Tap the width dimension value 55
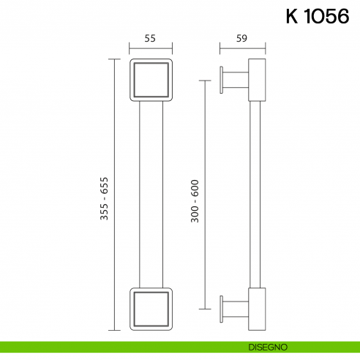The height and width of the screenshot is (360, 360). tap(150, 40)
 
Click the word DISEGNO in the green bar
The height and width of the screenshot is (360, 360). tap(272, 345)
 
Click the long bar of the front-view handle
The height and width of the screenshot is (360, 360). tap(150, 195)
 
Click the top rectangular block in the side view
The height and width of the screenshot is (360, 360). tap(258, 80)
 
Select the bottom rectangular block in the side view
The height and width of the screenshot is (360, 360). tap(258, 309)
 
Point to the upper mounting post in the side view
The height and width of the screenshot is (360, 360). tap(236, 80)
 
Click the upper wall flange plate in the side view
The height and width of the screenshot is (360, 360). tap(222, 80)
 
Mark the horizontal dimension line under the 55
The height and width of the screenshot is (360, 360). tap(150, 50)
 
